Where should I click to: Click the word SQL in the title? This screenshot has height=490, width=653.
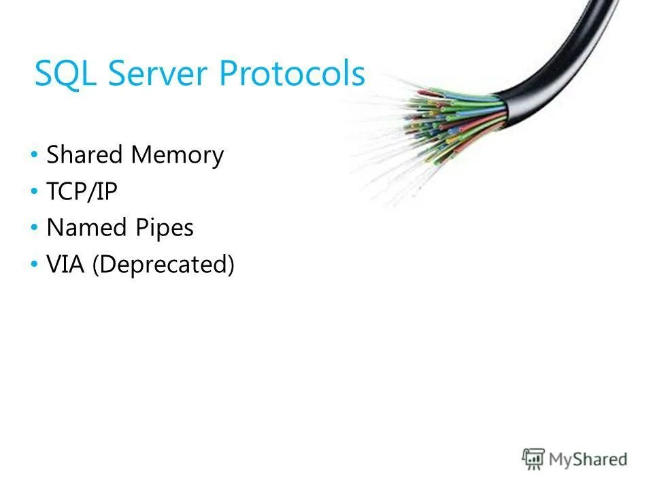[67, 73]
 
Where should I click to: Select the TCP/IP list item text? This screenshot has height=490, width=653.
[82, 192]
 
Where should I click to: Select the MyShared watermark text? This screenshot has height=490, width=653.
[588, 459]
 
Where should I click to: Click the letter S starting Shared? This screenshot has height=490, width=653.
[52, 155]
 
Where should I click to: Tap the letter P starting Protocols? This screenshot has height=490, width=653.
[232, 73]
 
